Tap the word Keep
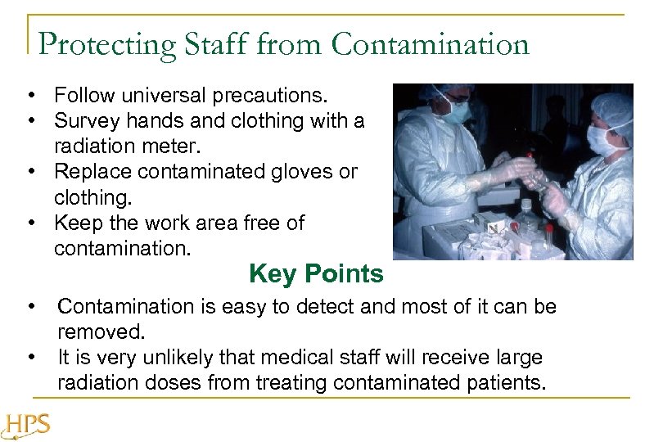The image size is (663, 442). pyautogui.click(x=75, y=223)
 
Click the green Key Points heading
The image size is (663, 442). pyautogui.click(x=316, y=273)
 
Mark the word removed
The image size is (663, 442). pyautogui.click(x=101, y=332)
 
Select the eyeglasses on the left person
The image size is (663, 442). pyautogui.click(x=457, y=99)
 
